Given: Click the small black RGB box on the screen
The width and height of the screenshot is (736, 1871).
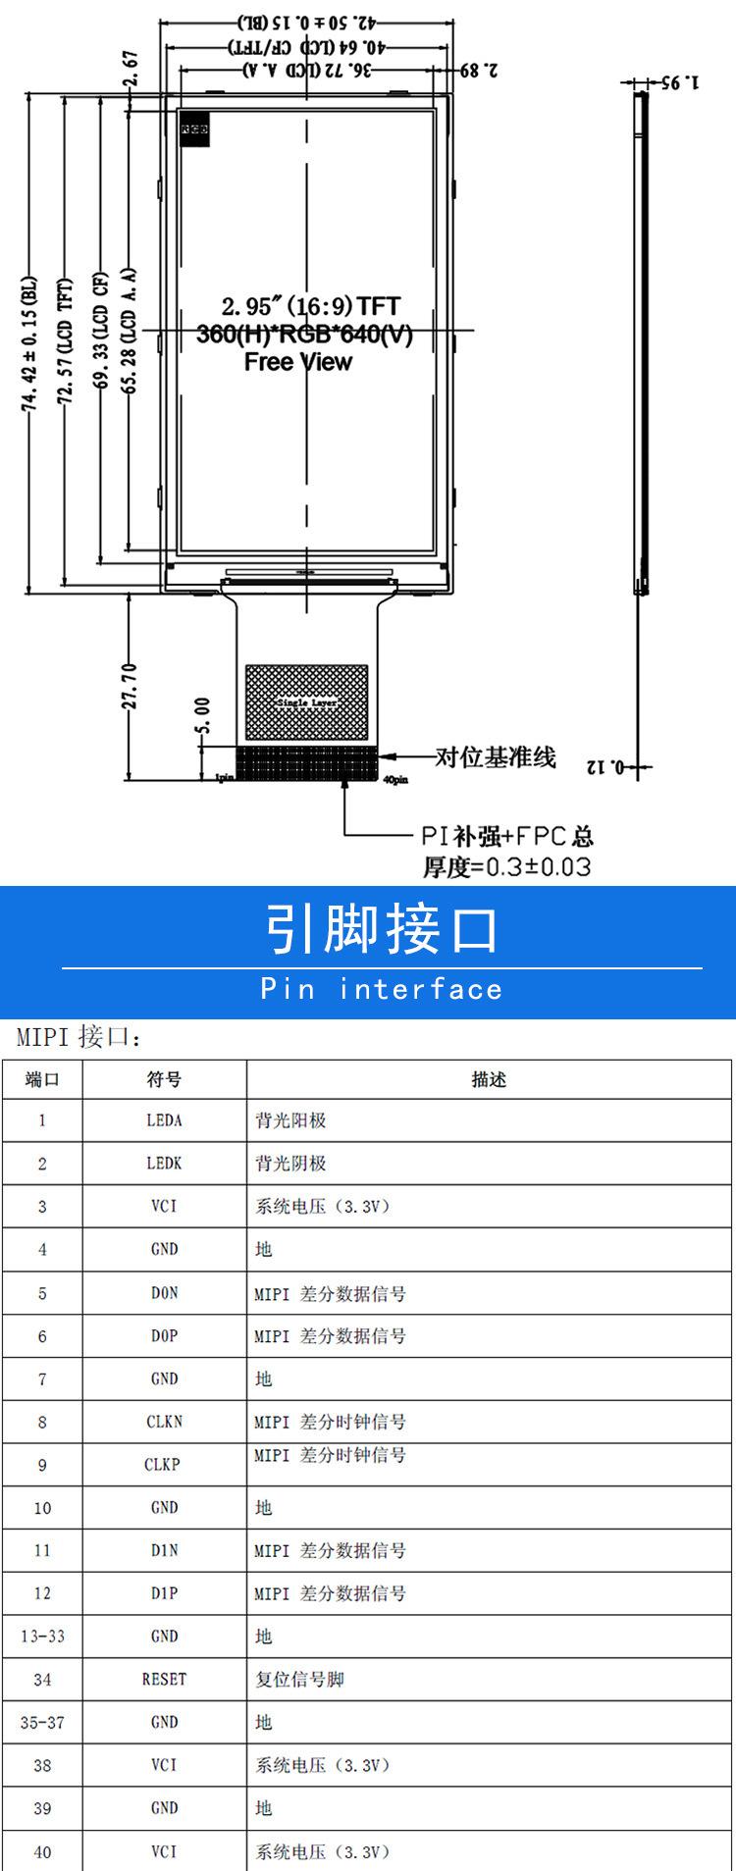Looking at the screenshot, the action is pos(193,129).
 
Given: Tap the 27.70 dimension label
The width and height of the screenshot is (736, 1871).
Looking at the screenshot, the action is pos(131,686).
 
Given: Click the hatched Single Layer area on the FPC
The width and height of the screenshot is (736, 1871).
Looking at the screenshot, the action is pos(307,702).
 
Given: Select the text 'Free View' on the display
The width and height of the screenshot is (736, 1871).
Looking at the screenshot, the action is pos(298,362).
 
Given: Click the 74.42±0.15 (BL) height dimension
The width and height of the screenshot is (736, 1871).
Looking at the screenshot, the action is pos(29,342).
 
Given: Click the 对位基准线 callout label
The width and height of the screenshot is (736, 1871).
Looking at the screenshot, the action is pos(496,757).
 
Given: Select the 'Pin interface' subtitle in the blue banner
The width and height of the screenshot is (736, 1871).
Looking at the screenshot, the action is pos(382,989).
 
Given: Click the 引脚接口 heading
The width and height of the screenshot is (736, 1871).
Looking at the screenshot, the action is pos(382,929).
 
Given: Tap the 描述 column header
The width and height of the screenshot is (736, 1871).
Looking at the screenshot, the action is pos(489,1079).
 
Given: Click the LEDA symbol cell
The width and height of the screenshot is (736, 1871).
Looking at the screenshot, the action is pos(164,1120).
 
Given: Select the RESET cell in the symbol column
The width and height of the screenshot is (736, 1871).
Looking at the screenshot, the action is pos(164,1679).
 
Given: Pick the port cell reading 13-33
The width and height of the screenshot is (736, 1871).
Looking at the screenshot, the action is pos(42,1637).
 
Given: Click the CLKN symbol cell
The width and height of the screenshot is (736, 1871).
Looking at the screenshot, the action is pos(164,1422).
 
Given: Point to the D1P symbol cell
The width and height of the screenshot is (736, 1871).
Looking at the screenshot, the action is pos(164,1593).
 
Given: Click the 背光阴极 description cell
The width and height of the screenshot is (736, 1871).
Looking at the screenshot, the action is pos(290,1164).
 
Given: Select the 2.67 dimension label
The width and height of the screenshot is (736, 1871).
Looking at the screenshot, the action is pos(131,71).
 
